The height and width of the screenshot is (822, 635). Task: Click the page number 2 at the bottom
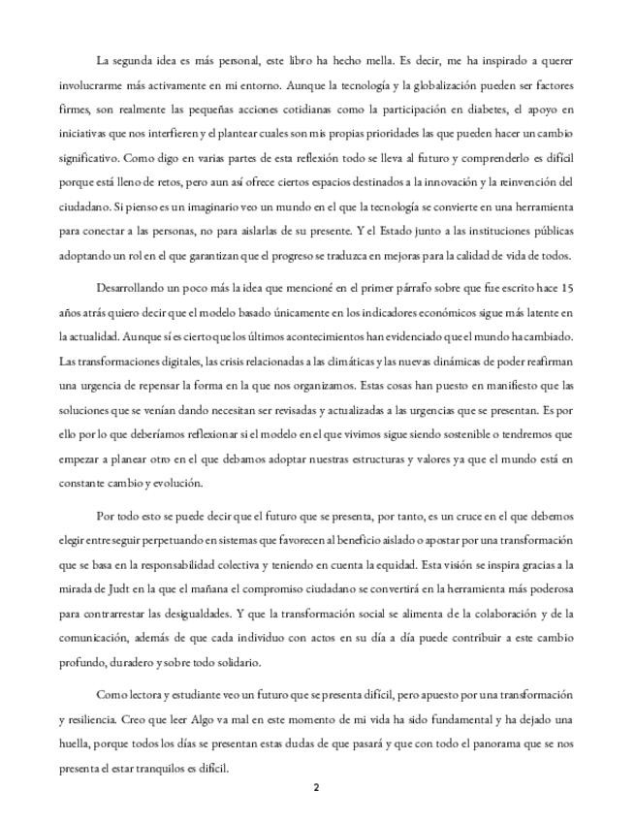316,787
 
